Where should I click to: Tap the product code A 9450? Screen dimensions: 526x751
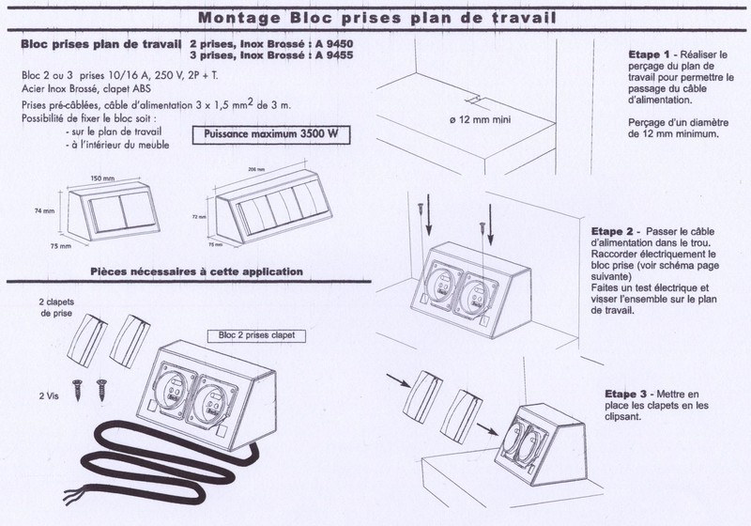[x=337, y=44]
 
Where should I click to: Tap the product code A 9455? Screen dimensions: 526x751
[x=337, y=55]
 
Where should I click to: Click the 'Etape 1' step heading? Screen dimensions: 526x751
[x=647, y=55]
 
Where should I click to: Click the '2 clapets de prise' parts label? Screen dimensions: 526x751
[x=58, y=309]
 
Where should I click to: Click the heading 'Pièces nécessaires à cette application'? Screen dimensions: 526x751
[x=196, y=271]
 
